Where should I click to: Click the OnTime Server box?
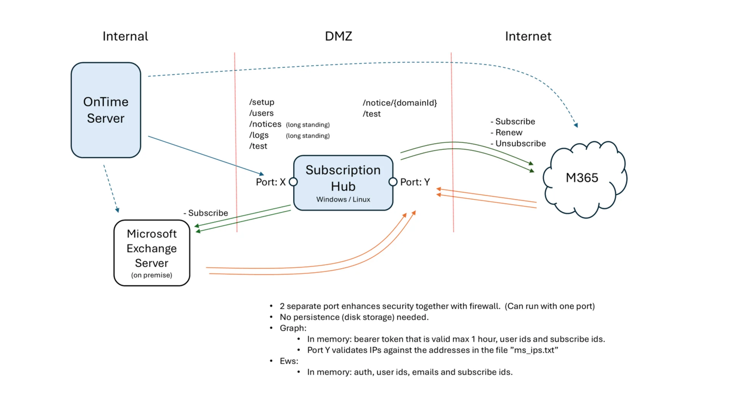[106, 110]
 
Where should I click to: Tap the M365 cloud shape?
[582, 178]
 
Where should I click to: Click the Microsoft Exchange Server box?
[152, 252]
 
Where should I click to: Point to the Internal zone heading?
[125, 36]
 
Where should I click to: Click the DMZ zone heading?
[338, 36]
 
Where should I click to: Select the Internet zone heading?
[528, 36]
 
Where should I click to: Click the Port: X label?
[270, 182]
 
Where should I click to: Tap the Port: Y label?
[415, 182]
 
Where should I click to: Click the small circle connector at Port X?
[293, 182]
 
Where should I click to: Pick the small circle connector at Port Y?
[393, 182]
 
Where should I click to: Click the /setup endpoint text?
[262, 102]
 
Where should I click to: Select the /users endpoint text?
[262, 113]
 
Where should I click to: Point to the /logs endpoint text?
[259, 135]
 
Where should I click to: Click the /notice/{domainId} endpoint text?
[400, 103]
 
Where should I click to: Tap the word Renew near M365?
[509, 133]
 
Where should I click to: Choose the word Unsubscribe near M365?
[520, 144]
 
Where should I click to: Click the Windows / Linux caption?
[343, 199]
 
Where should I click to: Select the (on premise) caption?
[152, 275]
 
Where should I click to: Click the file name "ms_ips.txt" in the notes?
[534, 350]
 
